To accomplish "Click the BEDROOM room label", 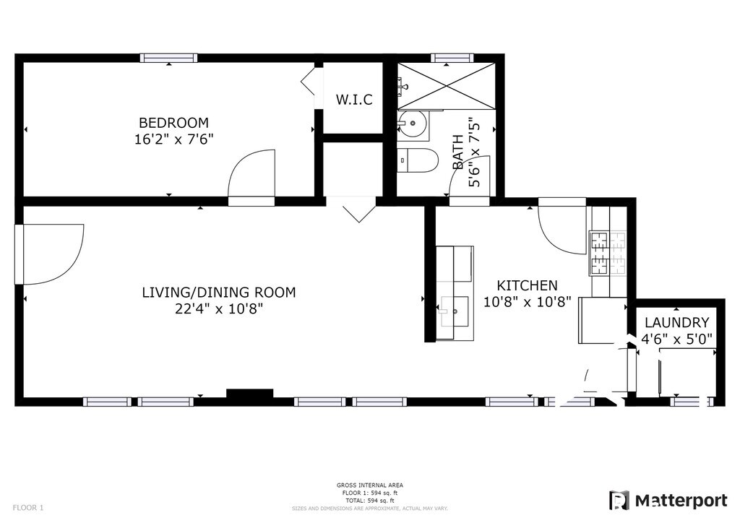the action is click(x=173, y=123).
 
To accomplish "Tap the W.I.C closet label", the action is click(x=354, y=100).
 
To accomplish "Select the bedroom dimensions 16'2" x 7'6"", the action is click(x=173, y=139).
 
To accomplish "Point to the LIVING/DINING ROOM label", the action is click(x=219, y=293).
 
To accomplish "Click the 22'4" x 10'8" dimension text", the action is click(x=219, y=309).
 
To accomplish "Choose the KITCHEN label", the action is click(x=527, y=285).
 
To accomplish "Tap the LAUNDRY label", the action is click(x=676, y=323).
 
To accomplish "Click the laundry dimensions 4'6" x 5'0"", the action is click(x=676, y=339).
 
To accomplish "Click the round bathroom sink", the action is click(x=412, y=124).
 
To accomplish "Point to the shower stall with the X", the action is click(x=446, y=86).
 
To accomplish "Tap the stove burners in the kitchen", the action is click(x=607, y=254).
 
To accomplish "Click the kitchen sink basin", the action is click(x=455, y=311).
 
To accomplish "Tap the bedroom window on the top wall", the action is click(x=168, y=58).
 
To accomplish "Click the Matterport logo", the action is click(x=668, y=501).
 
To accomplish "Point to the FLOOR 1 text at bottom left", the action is click(x=28, y=508).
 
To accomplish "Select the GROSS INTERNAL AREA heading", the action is click(x=370, y=485).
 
